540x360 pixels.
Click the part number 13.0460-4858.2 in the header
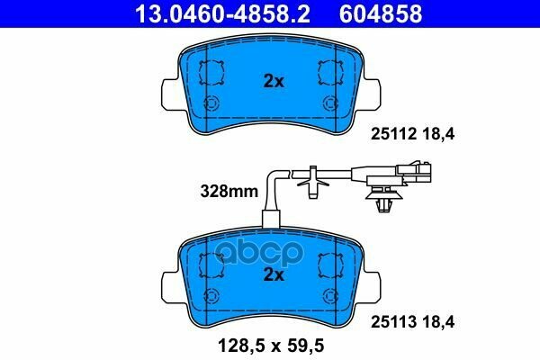222,13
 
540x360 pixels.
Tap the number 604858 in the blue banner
381,13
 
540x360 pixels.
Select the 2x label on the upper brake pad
274,82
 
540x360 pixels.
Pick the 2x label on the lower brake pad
274,274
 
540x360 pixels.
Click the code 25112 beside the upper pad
393,134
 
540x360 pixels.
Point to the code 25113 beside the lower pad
393,322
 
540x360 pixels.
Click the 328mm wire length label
229,191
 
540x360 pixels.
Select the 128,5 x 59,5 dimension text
271,346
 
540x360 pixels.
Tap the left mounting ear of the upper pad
170,93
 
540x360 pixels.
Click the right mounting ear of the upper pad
372,93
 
